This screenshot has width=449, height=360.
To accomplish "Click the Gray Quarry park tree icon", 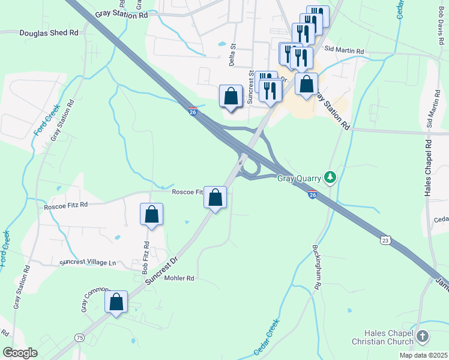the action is pos(329,178).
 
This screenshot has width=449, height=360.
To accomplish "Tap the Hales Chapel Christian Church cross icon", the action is pos(423,336).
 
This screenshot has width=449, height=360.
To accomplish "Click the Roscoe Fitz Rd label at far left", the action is pos(66,205).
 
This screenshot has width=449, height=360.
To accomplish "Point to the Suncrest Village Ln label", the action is pos(88,263).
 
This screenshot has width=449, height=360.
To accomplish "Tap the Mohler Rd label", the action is pos(179,278).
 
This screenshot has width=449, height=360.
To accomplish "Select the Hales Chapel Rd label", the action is pos(428,169).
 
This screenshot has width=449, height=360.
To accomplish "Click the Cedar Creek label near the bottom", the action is pos(267,337).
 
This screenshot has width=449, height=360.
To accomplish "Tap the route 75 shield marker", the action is pos(79,338).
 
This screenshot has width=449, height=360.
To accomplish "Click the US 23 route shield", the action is pos(385,240).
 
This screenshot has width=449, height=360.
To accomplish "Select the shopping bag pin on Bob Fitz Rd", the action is pos(151,214).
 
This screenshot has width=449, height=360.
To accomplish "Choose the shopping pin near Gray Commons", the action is pos(116,302).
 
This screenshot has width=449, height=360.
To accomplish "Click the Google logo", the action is pos(20,353).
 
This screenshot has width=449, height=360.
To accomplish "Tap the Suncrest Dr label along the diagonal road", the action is pos(162,270).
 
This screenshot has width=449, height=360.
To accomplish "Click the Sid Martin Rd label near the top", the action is pos(344,52).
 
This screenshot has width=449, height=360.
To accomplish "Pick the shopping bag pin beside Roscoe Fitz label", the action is pos(215,197).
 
